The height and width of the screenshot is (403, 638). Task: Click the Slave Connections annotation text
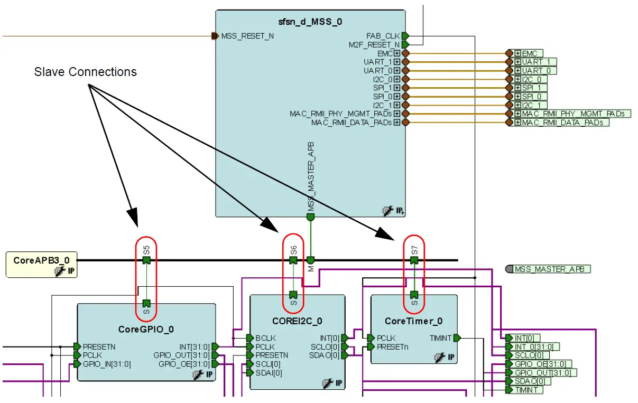click(85, 72)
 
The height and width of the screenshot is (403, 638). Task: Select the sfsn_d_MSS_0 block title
click(310, 22)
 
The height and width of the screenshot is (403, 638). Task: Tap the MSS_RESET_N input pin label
click(247, 36)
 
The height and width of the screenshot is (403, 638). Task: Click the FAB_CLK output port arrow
click(405, 36)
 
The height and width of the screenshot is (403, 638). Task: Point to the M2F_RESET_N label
click(374, 45)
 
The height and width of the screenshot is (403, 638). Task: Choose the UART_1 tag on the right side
click(532, 62)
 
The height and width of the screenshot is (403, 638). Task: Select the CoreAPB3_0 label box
click(41, 260)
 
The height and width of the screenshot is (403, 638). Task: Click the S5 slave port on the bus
click(146, 260)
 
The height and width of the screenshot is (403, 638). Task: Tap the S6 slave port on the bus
click(293, 260)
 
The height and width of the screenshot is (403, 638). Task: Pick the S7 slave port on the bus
click(414, 260)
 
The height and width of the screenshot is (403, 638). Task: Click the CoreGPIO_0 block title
click(146, 329)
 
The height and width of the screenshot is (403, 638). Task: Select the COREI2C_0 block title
click(297, 321)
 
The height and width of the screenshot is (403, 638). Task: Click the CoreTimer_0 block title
click(413, 321)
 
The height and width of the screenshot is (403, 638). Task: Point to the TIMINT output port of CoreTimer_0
click(457, 338)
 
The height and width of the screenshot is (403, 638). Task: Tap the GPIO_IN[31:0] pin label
click(107, 364)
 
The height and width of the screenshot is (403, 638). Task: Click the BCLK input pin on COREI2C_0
click(250, 338)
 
